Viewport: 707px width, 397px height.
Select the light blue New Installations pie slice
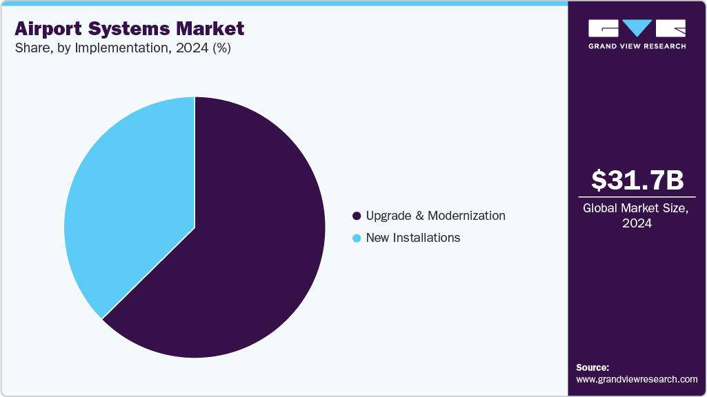tap(131, 207)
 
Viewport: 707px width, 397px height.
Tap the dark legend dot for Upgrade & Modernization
tap(357, 216)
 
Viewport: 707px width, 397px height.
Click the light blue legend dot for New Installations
tap(357, 238)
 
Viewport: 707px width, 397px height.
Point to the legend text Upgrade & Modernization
tap(435, 216)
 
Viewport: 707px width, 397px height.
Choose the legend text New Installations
tap(412, 238)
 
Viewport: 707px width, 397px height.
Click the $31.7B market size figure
tap(637, 181)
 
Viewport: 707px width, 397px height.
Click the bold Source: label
tap(592, 367)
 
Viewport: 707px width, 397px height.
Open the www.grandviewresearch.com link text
tap(637, 379)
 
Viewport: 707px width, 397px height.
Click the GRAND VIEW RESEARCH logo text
tap(637, 46)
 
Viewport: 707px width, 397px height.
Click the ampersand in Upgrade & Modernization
tap(419, 216)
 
